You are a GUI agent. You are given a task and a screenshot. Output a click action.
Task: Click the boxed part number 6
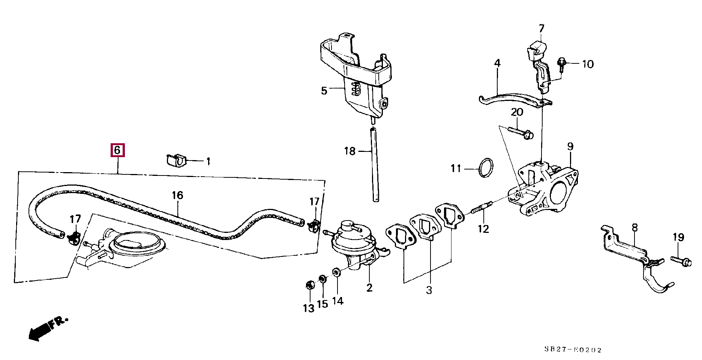pyautogui.click(x=117, y=150)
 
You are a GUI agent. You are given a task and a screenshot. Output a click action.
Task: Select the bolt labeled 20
pyautogui.click(x=521, y=132)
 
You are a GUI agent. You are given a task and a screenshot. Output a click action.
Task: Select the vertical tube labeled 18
pyautogui.click(x=375, y=165)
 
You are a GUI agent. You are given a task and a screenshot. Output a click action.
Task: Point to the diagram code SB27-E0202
pyautogui.click(x=573, y=349)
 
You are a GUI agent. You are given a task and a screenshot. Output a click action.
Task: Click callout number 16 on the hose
pyautogui.click(x=177, y=195)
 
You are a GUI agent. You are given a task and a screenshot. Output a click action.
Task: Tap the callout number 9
pyautogui.click(x=570, y=146)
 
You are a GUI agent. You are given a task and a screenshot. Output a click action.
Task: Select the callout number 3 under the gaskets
pyautogui.click(x=429, y=290)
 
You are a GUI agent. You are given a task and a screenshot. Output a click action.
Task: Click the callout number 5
pyautogui.click(x=324, y=90)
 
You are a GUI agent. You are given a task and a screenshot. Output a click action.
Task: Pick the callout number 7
pyautogui.click(x=541, y=29)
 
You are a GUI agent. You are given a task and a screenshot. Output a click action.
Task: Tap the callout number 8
pyautogui.click(x=634, y=228)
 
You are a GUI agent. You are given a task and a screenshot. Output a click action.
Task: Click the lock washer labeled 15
pyautogui.click(x=322, y=279)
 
